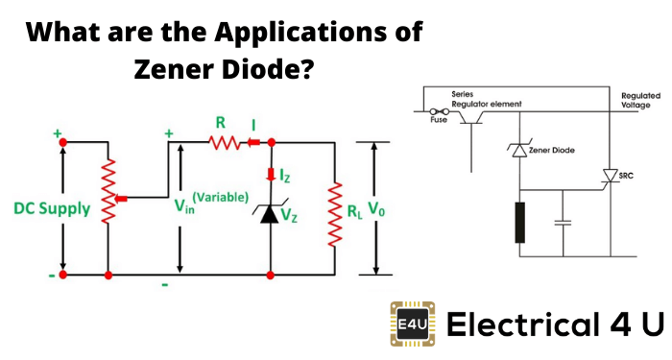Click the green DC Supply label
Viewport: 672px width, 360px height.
(52, 208)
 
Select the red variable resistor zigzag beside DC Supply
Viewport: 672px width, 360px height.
(108, 191)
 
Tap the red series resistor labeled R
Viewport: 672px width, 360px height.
(225, 142)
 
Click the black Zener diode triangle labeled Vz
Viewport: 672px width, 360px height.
(270, 213)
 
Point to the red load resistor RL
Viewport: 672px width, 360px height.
(335, 214)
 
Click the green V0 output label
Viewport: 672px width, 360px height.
(376, 209)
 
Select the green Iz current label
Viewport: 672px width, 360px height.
(284, 175)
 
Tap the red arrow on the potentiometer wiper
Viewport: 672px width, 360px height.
(121, 199)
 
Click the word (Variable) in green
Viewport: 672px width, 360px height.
(220, 197)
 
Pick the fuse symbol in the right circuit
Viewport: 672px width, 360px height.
(439, 112)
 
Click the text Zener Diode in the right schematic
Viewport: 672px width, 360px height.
(552, 150)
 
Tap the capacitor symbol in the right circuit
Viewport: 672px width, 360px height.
(563, 223)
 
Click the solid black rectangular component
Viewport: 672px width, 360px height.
(520, 223)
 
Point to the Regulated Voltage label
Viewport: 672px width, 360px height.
(640, 100)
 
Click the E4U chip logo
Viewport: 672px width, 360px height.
(413, 324)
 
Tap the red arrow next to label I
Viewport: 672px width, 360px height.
(253, 142)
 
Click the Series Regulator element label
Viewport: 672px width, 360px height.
(487, 99)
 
